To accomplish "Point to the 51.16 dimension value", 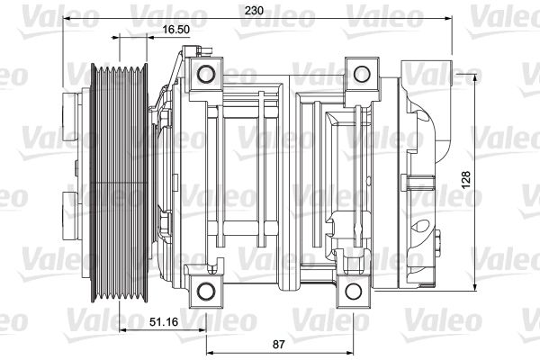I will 163,321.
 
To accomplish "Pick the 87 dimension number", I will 280,344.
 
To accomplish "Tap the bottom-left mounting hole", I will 207,289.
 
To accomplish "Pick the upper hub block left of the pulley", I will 71,114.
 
